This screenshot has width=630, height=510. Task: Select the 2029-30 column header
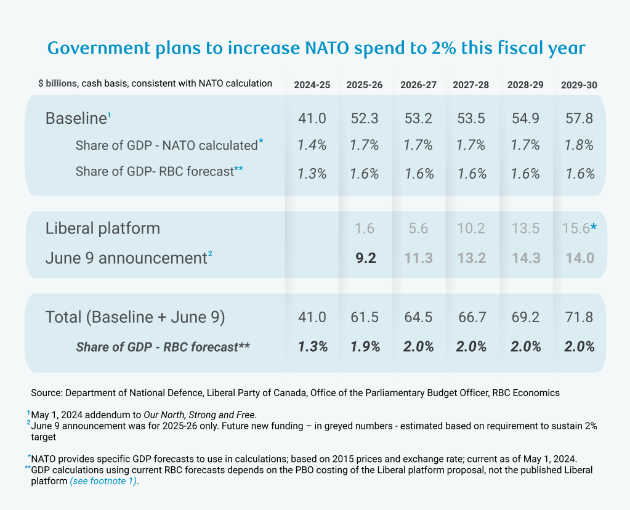point(578,84)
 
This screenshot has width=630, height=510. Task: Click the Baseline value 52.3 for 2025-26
point(365,118)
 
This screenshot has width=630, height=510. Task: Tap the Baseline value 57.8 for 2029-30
point(579,118)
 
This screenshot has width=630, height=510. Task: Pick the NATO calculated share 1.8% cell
point(579,145)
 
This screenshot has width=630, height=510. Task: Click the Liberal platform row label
point(102,229)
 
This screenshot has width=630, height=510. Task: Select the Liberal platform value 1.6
point(365,229)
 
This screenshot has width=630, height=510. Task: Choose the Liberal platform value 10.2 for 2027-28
point(472,229)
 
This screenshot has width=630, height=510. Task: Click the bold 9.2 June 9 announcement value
point(365,257)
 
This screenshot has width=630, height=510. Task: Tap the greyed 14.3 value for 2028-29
point(525,257)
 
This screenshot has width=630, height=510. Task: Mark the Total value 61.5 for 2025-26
point(365,317)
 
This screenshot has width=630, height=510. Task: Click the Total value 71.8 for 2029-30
point(579,317)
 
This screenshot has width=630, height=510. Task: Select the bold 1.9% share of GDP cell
point(365,347)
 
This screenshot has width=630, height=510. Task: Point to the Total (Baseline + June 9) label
point(135,317)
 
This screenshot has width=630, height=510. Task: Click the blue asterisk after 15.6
point(594,228)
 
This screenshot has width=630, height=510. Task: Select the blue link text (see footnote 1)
point(103,482)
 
